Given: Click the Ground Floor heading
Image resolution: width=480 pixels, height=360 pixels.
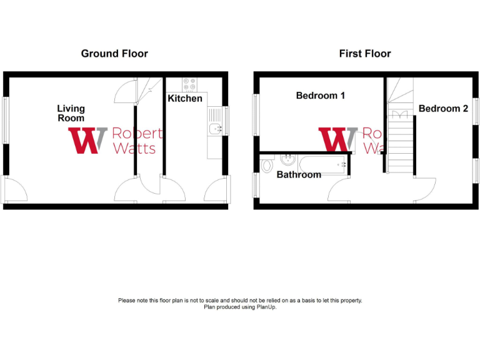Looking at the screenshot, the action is point(114,54).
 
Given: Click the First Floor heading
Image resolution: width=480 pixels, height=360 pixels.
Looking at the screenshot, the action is point(365,54).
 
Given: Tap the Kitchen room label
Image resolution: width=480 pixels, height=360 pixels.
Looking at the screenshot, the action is point(185,98).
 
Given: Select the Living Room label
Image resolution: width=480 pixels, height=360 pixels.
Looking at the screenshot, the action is point(71,113).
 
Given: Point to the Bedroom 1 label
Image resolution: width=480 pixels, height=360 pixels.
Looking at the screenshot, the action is point(321,96).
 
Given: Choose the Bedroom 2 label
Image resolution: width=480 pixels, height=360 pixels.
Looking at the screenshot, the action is point(443,108).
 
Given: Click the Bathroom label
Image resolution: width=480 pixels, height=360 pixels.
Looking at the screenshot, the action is point(299,174).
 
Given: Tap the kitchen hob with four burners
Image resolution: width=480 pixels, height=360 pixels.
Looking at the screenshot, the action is point(189,84).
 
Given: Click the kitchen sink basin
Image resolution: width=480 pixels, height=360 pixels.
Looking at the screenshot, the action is point(216,129).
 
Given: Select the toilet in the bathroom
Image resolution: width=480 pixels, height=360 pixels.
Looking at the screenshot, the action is point(267,164).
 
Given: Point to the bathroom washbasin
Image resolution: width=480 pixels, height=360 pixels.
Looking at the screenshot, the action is point(288,159).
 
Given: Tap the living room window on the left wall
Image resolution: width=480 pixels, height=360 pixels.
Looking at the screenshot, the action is point(5,120).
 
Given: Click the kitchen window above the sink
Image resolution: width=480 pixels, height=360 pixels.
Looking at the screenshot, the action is point(226,121).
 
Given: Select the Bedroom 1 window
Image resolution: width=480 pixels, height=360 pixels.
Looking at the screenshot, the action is point(255,115).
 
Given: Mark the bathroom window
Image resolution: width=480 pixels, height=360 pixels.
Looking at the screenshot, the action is point(255,185).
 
